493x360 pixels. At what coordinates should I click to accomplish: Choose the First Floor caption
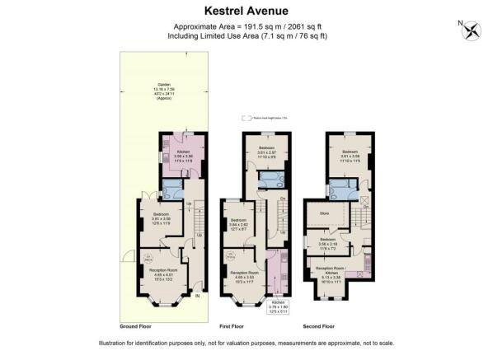(237, 326)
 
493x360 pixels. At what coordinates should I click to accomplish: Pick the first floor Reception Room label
(246, 274)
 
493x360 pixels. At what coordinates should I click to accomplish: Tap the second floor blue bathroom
(340, 189)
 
